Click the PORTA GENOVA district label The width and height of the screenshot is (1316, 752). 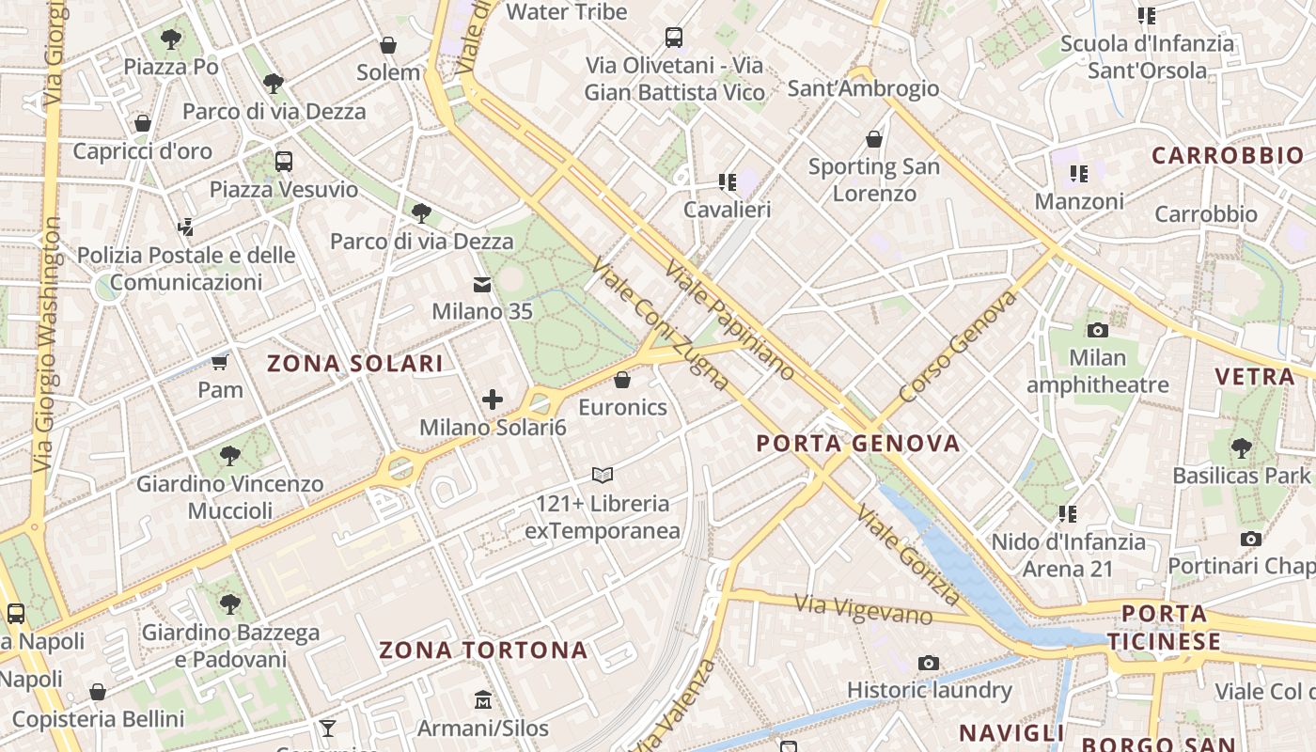tap(858, 443)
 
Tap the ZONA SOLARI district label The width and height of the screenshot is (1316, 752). tap(354, 364)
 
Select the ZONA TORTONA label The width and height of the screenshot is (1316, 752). tap(483, 650)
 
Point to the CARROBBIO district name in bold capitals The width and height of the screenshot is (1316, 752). tap(1228, 155)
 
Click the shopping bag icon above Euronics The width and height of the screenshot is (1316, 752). tap(621, 380)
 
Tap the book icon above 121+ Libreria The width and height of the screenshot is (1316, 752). tap(603, 476)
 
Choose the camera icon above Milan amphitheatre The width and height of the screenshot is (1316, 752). tap(1097, 330)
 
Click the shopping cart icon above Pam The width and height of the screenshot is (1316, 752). tap(220, 362)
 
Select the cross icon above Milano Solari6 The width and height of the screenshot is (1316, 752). tap(493, 399)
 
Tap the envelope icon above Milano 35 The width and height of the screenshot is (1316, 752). tap(482, 284)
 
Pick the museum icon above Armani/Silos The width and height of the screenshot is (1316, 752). tap(483, 700)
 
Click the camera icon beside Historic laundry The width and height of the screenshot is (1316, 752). tap(929, 663)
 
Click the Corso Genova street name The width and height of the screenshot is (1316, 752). tap(959, 345)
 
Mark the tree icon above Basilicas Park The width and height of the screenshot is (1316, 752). tap(1241, 447)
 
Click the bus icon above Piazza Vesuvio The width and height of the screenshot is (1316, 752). tap(284, 162)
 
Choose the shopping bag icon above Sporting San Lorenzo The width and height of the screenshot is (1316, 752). tap(874, 139)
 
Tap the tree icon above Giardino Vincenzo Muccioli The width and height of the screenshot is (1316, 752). tap(230, 456)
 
